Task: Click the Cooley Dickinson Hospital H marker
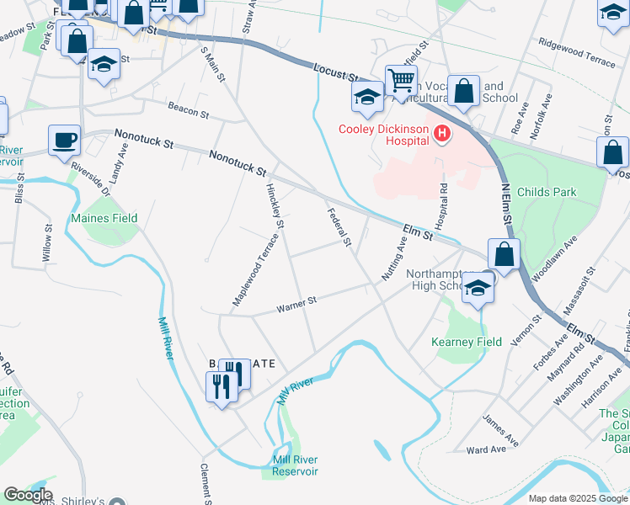click(x=440, y=133)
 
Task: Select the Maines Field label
click(x=104, y=219)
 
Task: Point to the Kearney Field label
click(x=467, y=342)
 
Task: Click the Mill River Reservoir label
click(x=295, y=465)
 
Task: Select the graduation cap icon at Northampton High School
click(x=478, y=288)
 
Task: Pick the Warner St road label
click(x=296, y=304)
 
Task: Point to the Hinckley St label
click(x=275, y=203)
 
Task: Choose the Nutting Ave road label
click(x=396, y=258)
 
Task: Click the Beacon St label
click(x=188, y=110)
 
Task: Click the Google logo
click(x=28, y=495)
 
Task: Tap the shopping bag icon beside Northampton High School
click(x=504, y=253)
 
